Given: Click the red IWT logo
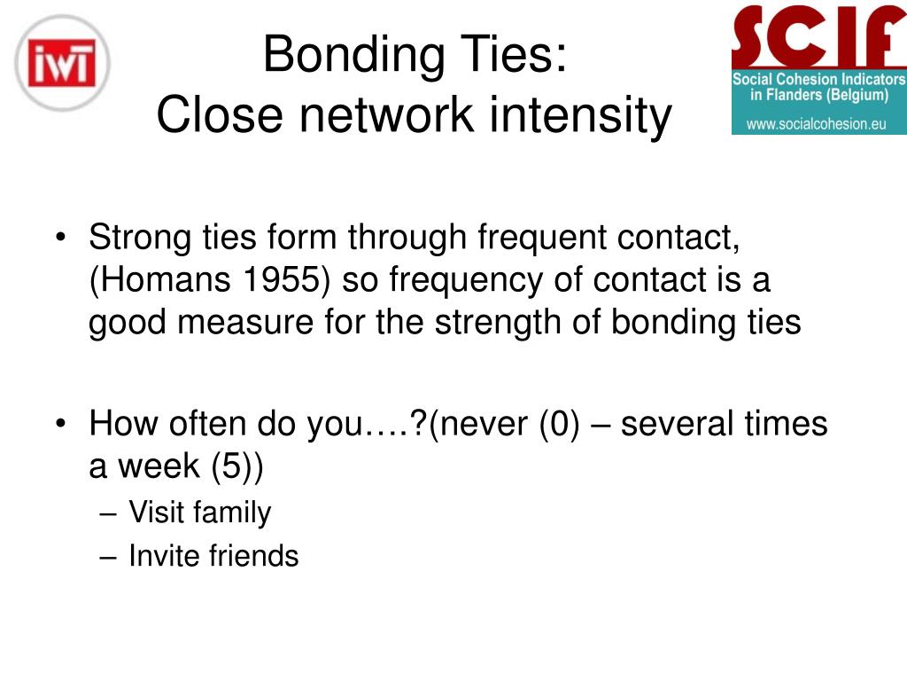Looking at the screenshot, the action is click(63, 63).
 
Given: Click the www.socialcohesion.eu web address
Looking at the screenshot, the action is click(816, 124).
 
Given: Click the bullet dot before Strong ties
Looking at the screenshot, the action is click(61, 238).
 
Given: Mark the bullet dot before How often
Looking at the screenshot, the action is click(61, 423).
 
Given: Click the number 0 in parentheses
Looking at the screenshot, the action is click(560, 423).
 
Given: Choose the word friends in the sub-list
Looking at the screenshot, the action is click(254, 556).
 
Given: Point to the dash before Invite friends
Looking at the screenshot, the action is click(108, 557).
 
